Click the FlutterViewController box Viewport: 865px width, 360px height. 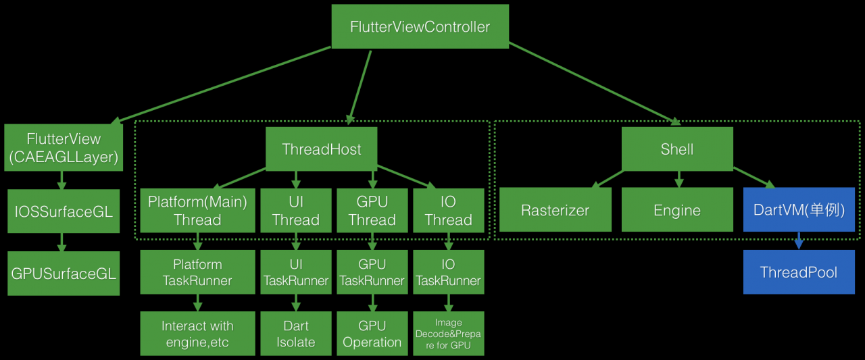(x=420, y=27)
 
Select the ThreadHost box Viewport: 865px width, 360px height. (x=321, y=149)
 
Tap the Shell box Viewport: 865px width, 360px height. (x=676, y=149)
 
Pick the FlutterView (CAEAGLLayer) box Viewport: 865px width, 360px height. (x=64, y=149)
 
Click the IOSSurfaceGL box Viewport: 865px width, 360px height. (x=64, y=211)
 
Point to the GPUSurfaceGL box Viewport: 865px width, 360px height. (x=64, y=273)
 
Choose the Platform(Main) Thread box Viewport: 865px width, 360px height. (x=197, y=211)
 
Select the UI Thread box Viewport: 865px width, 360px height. (x=295, y=211)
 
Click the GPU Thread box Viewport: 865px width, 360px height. (x=372, y=211)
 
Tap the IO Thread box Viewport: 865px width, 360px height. (x=448, y=211)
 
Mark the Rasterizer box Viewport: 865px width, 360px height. (x=555, y=210)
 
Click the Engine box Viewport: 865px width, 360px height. (x=676, y=210)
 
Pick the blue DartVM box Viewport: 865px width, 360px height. (x=799, y=210)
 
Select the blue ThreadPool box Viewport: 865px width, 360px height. (x=799, y=272)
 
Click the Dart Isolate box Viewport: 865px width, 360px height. (x=295, y=334)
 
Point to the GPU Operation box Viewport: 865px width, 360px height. (x=372, y=334)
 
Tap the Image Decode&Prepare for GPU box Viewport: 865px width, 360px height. (x=448, y=334)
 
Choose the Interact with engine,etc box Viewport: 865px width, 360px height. (x=197, y=334)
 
